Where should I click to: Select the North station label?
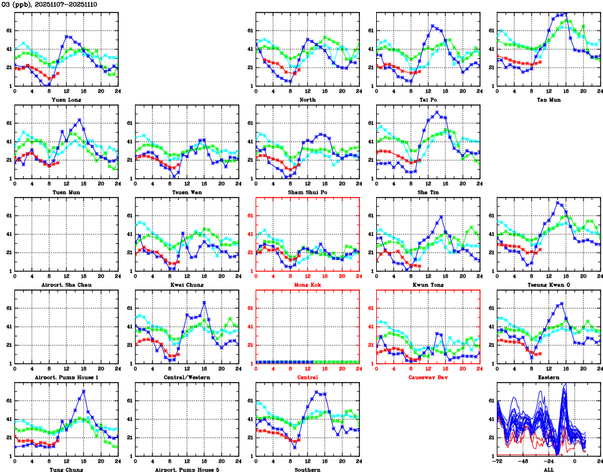coord(307,99)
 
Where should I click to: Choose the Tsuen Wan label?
coord(187,192)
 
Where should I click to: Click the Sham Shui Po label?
coord(307,192)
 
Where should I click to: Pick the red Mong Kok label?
coord(307,284)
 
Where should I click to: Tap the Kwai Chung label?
coord(187,284)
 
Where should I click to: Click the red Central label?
coord(307,377)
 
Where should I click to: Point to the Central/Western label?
coord(187,377)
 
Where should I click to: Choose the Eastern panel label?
coord(549,377)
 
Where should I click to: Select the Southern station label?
coord(307,469)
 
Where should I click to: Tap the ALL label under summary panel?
coord(549,469)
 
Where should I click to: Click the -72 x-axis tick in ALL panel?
coord(498,462)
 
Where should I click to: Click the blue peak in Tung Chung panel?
coord(83,391)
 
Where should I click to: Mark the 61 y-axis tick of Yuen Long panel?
coord(9,30)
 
